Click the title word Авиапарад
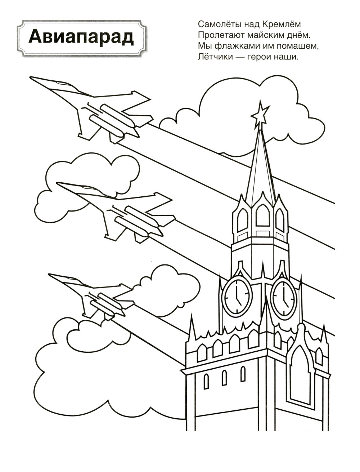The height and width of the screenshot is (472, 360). pyautogui.click(x=81, y=39)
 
